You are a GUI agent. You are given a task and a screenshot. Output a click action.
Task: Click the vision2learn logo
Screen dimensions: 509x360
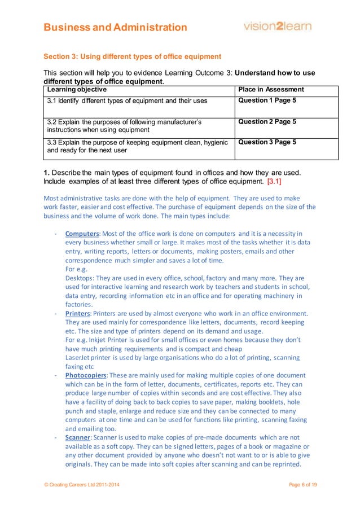(277, 27)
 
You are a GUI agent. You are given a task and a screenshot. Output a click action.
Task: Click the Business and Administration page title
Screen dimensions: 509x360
(116, 27)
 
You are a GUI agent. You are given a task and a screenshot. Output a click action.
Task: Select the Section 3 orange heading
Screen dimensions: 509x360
(133, 56)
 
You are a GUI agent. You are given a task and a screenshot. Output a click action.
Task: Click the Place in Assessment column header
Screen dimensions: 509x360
(271, 90)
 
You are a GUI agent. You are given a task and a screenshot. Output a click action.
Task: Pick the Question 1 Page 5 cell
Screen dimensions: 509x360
(267, 101)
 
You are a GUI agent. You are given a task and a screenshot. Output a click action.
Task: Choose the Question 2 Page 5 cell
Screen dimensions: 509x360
(267, 121)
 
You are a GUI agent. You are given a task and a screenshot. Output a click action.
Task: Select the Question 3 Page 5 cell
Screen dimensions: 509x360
(267, 142)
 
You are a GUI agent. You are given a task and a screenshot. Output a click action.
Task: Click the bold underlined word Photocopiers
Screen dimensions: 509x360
(87, 375)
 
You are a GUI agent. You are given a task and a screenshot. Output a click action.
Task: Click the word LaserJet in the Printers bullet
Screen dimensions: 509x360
(78, 358)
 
